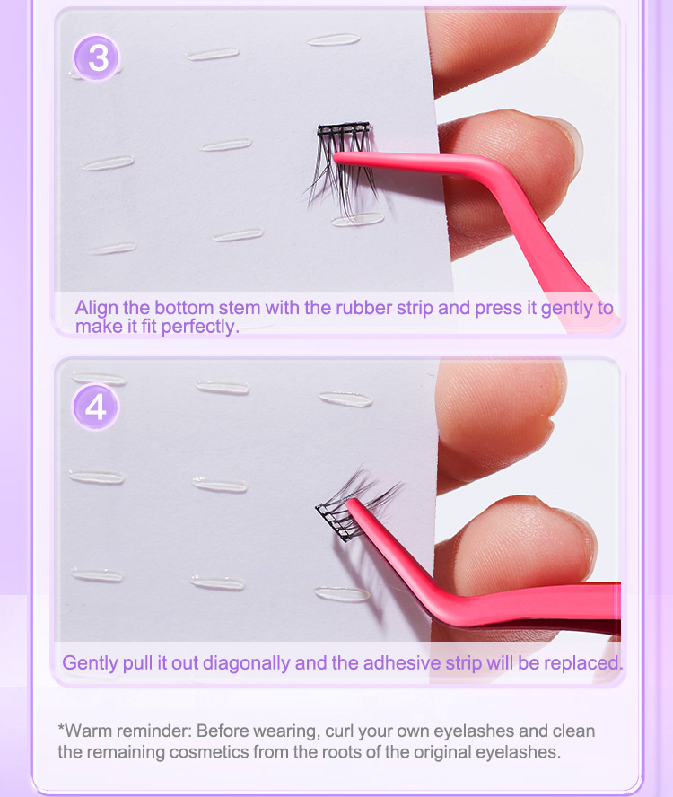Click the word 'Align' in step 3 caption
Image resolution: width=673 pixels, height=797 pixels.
[x=95, y=308]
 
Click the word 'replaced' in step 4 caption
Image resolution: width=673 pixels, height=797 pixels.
[x=582, y=663]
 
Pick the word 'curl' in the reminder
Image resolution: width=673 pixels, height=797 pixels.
[x=348, y=731]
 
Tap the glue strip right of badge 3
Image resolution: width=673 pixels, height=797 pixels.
[x=213, y=54]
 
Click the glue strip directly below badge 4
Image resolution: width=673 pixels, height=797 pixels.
[x=96, y=476]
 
